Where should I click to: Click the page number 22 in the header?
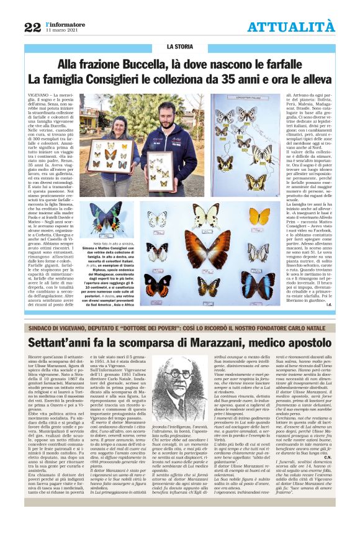point(33,26)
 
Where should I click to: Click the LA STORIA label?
point(179,47)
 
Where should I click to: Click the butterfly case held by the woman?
point(112,156)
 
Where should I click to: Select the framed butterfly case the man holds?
point(160,171)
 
